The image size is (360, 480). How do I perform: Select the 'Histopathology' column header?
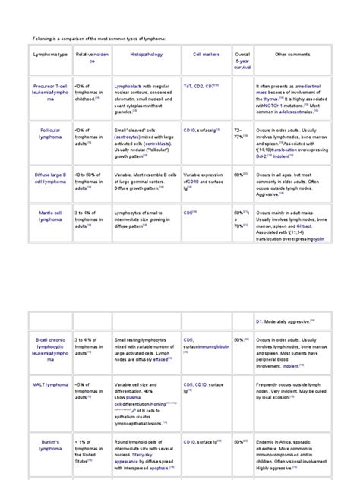(x=146, y=55)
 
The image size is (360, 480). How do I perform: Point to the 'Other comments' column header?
(x=292, y=55)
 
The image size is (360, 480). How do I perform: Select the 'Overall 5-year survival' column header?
(x=242, y=60)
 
